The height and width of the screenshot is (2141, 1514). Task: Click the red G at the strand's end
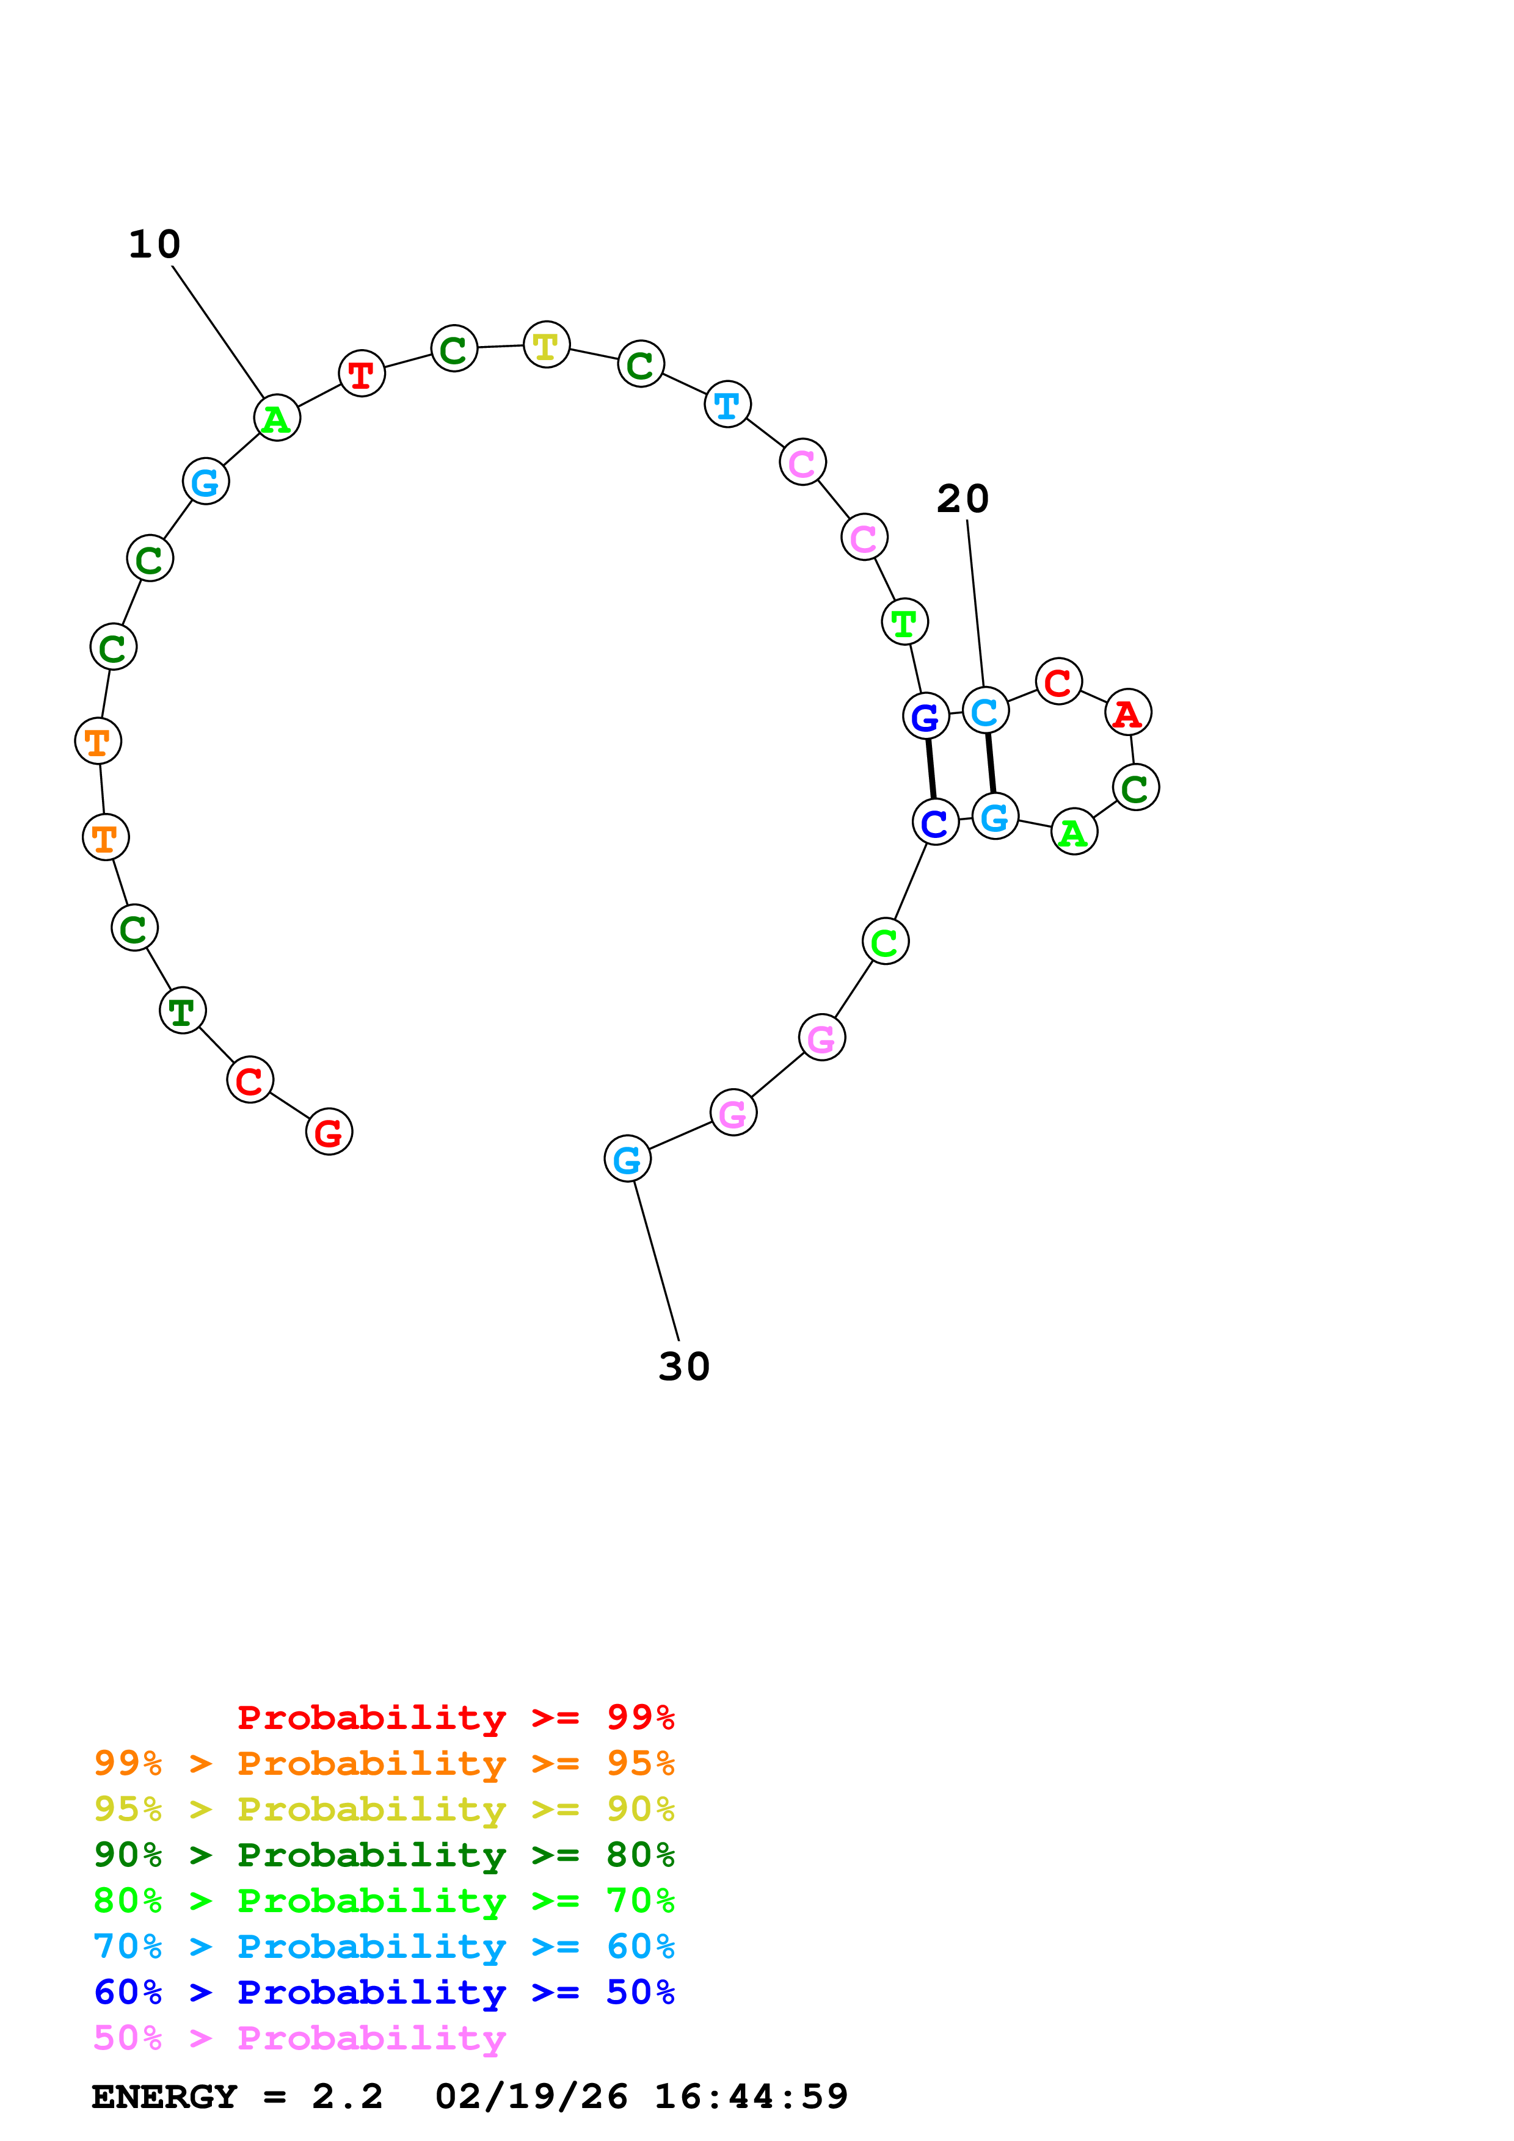coord(329,1132)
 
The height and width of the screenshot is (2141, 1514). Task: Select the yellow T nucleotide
coord(547,345)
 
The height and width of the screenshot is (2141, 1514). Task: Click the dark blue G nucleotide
coord(925,716)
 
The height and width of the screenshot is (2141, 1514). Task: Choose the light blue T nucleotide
coord(727,405)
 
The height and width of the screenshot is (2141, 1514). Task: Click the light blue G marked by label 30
coord(627,1159)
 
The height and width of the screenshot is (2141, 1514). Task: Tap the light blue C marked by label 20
coord(985,712)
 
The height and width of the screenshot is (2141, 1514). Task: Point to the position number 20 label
coord(963,499)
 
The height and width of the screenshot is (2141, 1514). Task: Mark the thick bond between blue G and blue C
coord(930,768)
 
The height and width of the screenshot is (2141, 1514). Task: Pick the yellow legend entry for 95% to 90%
coord(384,1808)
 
